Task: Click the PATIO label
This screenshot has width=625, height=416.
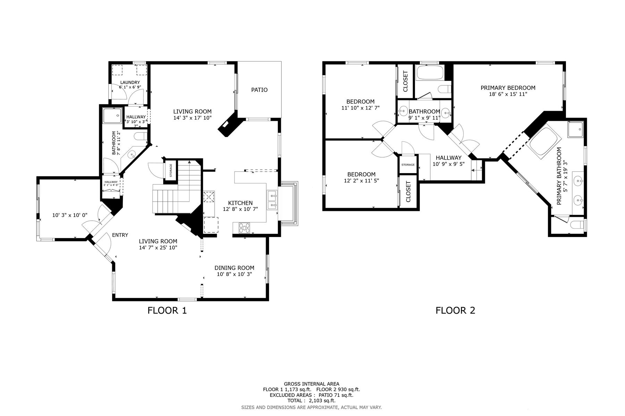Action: (259, 90)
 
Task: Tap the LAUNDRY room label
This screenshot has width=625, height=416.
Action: (130, 83)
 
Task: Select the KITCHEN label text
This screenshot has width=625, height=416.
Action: (240, 203)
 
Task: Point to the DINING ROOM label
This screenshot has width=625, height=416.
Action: (234, 268)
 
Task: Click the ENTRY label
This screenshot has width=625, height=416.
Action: (120, 235)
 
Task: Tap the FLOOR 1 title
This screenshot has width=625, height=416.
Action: (167, 310)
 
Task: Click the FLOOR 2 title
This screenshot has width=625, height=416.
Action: (456, 310)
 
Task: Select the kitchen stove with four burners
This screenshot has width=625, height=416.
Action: (244, 228)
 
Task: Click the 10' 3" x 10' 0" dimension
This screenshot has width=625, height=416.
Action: (70, 215)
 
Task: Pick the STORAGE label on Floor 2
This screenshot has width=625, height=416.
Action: (408, 165)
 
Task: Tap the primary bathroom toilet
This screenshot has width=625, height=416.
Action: (578, 225)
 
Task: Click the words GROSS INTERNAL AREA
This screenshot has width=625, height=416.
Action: (311, 384)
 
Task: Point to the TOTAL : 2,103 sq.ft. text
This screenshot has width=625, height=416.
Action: (311, 400)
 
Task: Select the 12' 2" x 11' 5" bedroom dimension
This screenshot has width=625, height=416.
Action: (361, 180)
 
